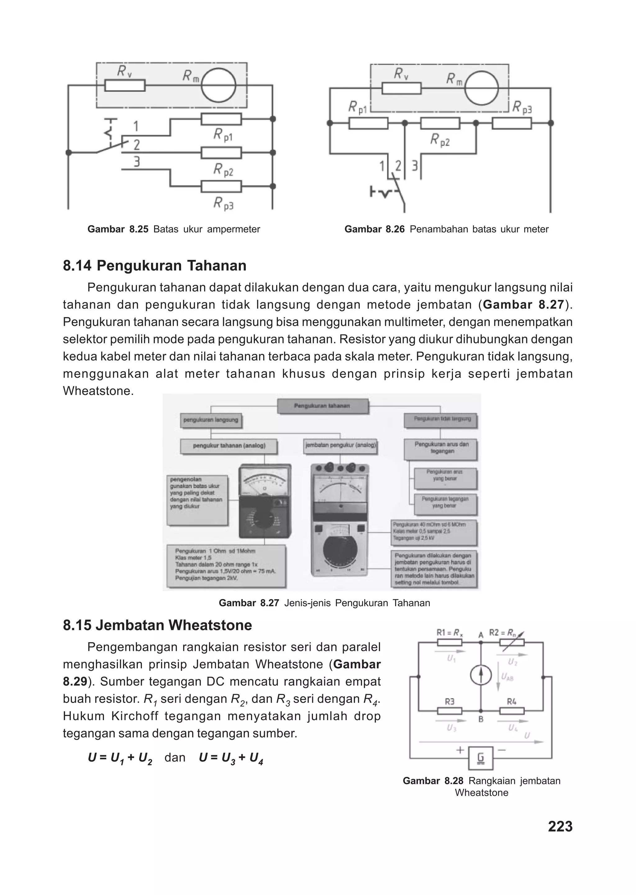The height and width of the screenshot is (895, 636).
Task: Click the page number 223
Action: point(560,826)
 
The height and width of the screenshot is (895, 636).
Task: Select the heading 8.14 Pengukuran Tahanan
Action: point(155,266)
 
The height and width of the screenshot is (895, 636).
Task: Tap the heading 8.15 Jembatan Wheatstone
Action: point(157,625)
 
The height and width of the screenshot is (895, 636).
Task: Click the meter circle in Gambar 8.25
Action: point(219,85)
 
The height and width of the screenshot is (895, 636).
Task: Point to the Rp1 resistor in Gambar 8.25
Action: point(221,119)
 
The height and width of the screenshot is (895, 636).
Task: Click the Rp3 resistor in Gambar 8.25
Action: point(221,187)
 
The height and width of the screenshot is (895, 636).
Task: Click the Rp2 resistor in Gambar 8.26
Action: point(440,123)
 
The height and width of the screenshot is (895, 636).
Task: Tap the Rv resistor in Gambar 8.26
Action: point(402,88)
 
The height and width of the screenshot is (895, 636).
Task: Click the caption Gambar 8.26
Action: point(447,229)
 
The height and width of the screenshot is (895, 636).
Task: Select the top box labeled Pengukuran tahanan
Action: point(322,406)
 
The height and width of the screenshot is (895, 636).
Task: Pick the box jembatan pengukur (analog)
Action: point(340,445)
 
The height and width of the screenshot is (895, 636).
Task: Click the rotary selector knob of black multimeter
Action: point(264,521)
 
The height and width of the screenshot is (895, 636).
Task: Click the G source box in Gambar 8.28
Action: point(480,759)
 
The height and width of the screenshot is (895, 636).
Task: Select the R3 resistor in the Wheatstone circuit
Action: point(450,711)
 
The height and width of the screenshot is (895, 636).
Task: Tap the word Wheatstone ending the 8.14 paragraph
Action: point(98,391)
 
